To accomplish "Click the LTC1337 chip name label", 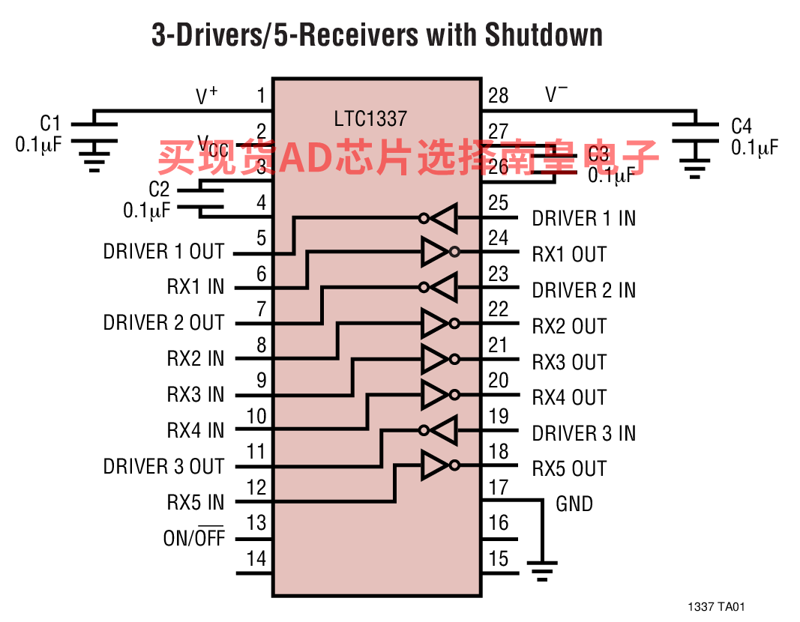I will pyautogui.click(x=370, y=118).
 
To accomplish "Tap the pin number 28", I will pyautogui.click(x=498, y=95).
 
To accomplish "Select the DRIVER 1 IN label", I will pyautogui.click(x=583, y=218).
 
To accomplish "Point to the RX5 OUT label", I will pyautogui.click(x=569, y=469).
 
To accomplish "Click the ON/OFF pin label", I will pyautogui.click(x=194, y=538).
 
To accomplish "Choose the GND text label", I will pyautogui.click(x=574, y=504).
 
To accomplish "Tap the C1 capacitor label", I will pyautogui.click(x=50, y=124).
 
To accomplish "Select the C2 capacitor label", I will pyautogui.click(x=159, y=190).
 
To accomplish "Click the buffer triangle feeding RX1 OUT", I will pyautogui.click(x=435, y=253).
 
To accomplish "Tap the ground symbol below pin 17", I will pyautogui.click(x=541, y=570).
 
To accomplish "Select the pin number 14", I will pyautogui.click(x=256, y=558).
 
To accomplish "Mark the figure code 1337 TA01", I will pyautogui.click(x=716, y=607).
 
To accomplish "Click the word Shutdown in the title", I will pyautogui.click(x=543, y=34).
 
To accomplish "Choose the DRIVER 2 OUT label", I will pyautogui.click(x=163, y=323).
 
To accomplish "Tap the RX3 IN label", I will pyautogui.click(x=195, y=394).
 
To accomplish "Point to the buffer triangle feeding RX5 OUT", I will pyautogui.click(x=435, y=466).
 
